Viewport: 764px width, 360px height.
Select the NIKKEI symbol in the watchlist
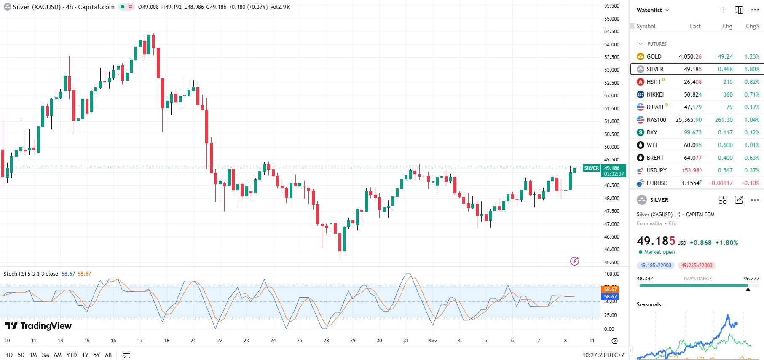655,94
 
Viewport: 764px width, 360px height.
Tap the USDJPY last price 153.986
692,170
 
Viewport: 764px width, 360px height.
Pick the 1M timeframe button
33,355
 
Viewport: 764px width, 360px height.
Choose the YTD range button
72,355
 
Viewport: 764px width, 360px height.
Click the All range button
108,355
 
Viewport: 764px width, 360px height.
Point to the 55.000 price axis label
611,19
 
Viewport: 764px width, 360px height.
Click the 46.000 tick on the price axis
611,249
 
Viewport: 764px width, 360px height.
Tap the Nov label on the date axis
432,340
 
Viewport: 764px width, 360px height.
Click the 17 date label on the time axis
140,340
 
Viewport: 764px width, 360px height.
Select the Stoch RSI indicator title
31,274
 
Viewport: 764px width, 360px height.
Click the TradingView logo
38,326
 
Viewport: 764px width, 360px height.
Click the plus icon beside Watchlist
723,10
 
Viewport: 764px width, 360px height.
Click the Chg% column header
752,26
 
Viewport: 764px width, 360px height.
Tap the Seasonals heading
649,304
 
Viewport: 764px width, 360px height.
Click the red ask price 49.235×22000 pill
697,266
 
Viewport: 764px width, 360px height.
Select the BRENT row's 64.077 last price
692,158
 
